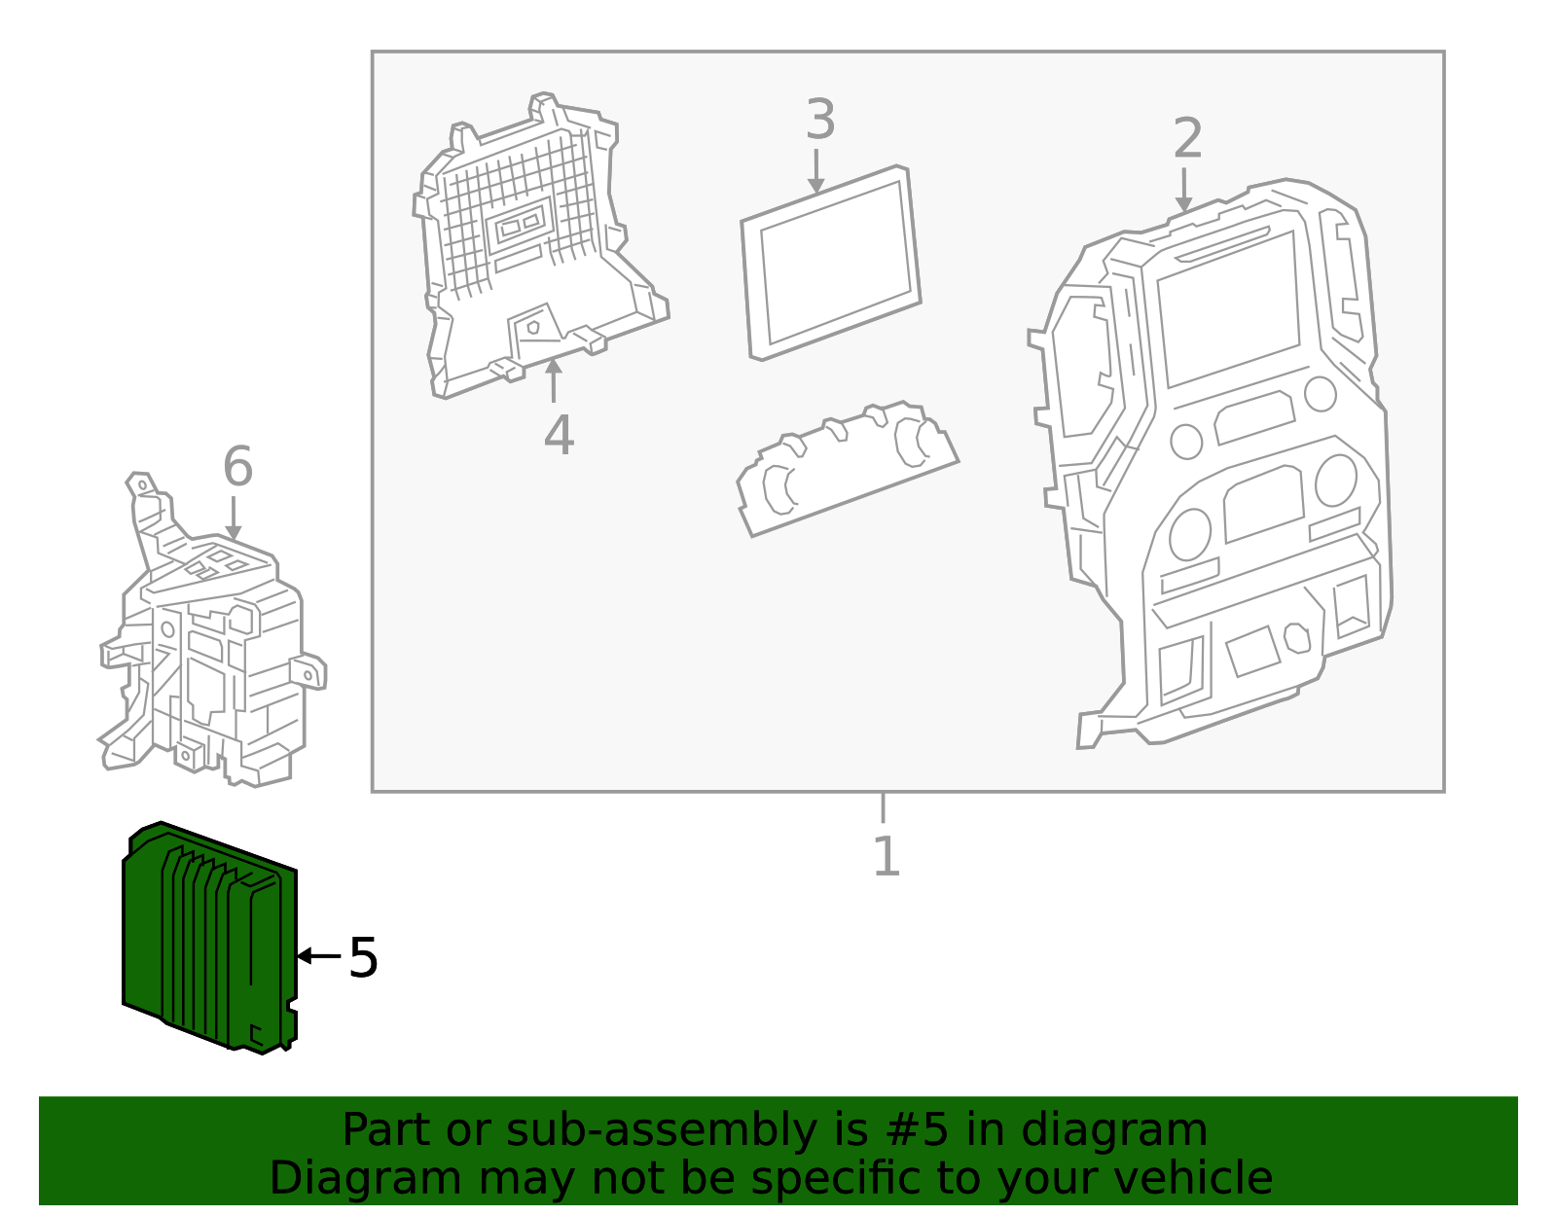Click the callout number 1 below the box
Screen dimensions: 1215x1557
885,856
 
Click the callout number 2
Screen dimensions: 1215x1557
1187,138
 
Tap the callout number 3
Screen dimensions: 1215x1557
820,120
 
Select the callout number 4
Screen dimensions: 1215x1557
559,435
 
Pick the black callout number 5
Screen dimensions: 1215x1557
363,958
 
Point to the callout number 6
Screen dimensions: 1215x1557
237,466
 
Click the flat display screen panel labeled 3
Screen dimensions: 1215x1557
831,263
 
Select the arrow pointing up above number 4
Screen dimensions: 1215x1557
553,380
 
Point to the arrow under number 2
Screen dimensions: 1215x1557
1183,191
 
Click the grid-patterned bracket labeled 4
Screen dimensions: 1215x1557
525,243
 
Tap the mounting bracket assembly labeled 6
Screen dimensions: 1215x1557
209,652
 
